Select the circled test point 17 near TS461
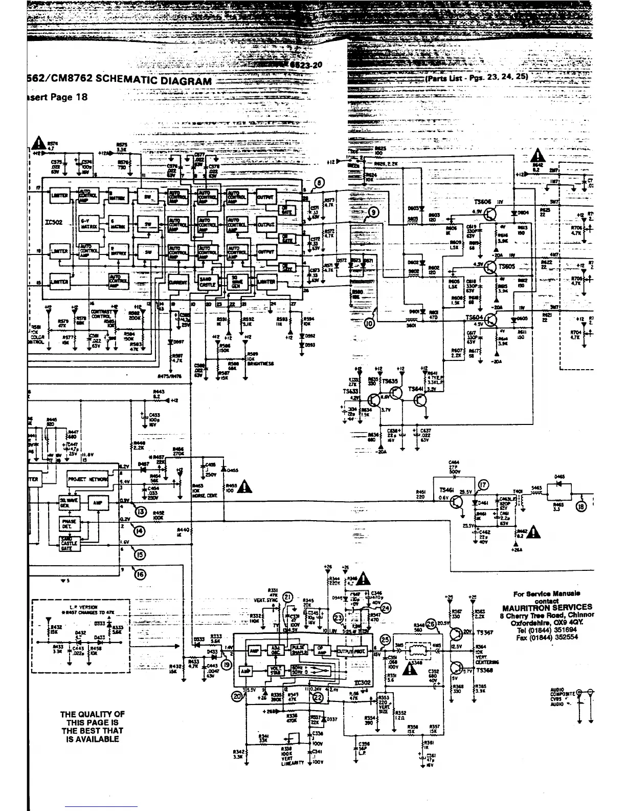tap(482, 486)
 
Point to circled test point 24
tap(386, 607)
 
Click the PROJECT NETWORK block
tap(87, 479)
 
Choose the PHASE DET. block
tap(69, 523)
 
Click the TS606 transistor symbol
tap(490, 214)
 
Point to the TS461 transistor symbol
tap(455, 502)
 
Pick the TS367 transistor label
tap(484, 633)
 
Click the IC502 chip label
tap(54, 222)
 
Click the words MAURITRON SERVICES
tap(547, 607)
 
